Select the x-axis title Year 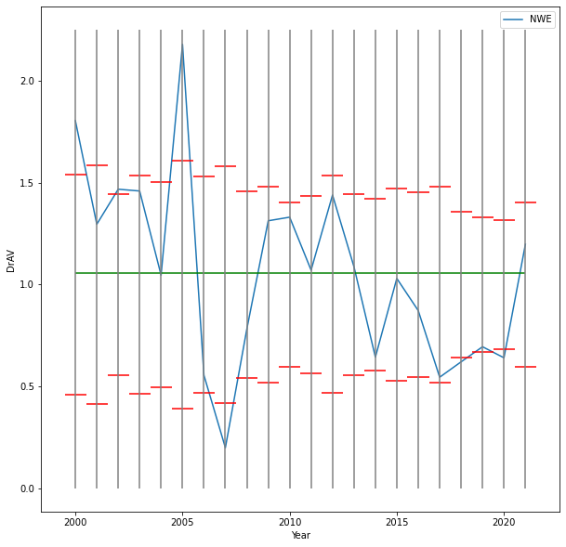pos(300,536)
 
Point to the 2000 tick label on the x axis pos(75,521)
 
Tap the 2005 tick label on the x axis pos(182,521)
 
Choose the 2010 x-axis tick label pos(290,521)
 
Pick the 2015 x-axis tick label pos(397,521)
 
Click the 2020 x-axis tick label pos(504,521)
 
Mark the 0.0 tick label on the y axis pos(27,488)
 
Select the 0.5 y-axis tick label pos(27,386)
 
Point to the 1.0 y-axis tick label pos(27,284)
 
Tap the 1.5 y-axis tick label pos(27,183)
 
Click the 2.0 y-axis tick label pos(27,81)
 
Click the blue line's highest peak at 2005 pos(182,44)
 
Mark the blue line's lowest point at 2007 pos(225,447)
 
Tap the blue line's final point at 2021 pos(525,244)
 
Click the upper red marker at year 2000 pos(75,175)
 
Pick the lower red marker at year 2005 pos(182,409)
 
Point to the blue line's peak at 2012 pos(333,195)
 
